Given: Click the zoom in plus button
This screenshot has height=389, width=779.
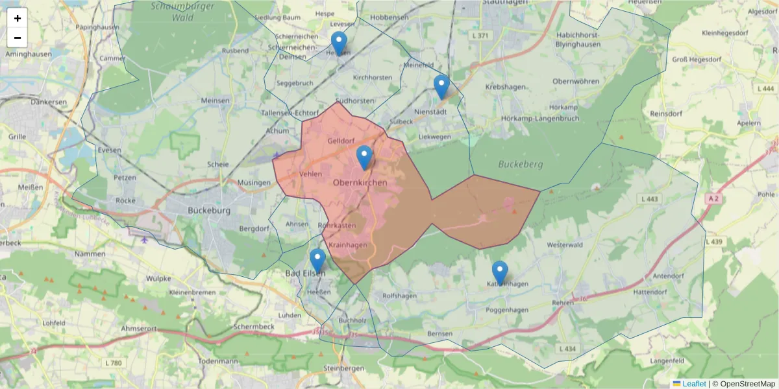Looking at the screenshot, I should click(18, 18).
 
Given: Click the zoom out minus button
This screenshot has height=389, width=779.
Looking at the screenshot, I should click(18, 38).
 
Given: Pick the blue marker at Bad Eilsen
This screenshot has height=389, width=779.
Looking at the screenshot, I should click(317, 260).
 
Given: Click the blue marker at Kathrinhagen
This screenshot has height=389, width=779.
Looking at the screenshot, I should click(499, 272).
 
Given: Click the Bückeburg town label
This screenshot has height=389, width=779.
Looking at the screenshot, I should click(209, 211).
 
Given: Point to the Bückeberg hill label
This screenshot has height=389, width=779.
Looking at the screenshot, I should click(520, 164).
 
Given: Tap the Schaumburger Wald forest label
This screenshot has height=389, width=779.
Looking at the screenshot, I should click(174, 12).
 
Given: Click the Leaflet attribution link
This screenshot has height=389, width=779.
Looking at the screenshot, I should click(693, 384).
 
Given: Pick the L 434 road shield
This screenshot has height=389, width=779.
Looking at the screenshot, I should click(566, 349).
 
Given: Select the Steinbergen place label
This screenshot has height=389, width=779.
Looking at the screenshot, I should click(344, 368).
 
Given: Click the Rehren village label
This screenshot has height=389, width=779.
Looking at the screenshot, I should click(563, 303).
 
